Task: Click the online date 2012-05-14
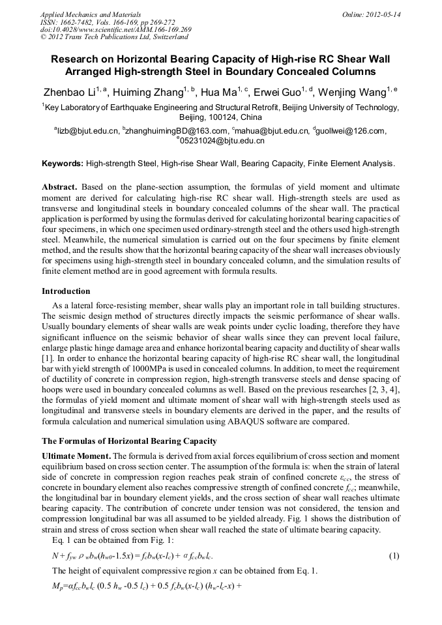point(383,14)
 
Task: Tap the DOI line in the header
point(115,30)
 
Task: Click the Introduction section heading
point(66,291)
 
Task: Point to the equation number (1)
point(393,556)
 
